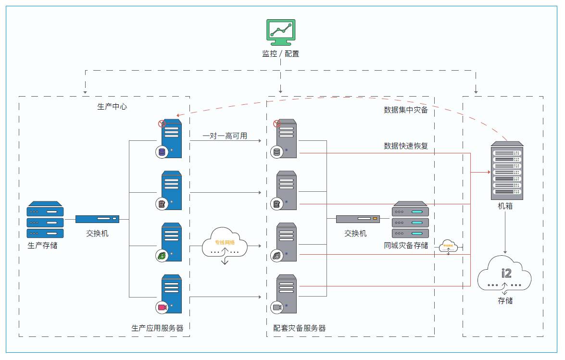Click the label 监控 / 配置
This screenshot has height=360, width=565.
coord(281,54)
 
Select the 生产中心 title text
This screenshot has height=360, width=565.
coord(113,107)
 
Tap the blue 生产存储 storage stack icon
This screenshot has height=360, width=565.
coord(45,220)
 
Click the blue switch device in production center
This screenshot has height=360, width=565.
coord(97,219)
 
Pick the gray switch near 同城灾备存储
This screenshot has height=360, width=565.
coord(358,219)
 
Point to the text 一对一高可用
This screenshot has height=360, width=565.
coord(225,136)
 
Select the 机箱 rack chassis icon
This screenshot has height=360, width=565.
coord(507,171)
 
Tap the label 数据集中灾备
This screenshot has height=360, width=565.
coord(406,110)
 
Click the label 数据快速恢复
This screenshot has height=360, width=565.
coord(406,146)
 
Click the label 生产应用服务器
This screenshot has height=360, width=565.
coord(157,328)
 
